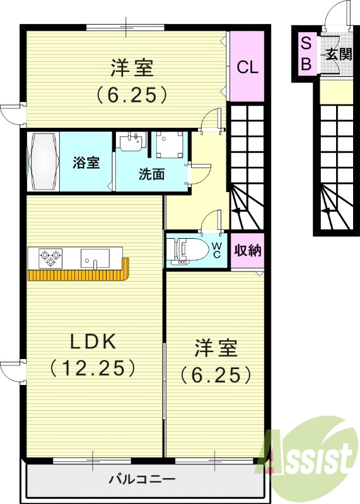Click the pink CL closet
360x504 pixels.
[x=247, y=66]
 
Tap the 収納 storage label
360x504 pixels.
[x=247, y=251]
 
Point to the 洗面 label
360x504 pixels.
[x=151, y=174]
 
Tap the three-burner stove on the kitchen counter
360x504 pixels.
[x=51, y=256]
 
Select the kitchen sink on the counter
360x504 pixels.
[x=95, y=258]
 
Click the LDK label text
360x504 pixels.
[x=92, y=341]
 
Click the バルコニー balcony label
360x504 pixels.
[x=142, y=480]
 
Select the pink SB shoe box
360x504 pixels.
[x=306, y=54]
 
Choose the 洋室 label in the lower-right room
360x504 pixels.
[x=216, y=348]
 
